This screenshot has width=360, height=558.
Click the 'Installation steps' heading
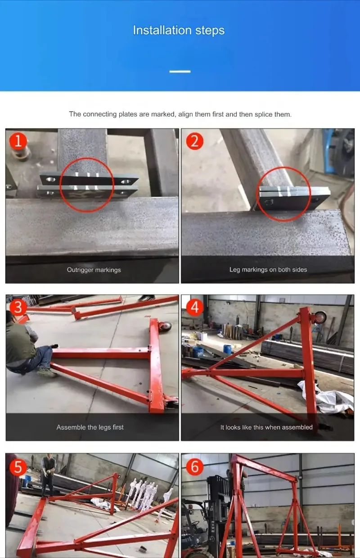point(179,31)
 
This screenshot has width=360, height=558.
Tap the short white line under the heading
point(180,72)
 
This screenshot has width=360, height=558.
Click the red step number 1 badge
point(18,141)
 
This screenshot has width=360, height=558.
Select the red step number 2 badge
point(195,141)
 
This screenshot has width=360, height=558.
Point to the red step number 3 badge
point(18,307)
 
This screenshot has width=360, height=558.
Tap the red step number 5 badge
point(18,467)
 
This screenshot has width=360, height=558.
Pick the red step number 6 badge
point(195,467)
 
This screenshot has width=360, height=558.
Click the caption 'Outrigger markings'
point(94,270)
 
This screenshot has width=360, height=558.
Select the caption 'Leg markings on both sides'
point(268,270)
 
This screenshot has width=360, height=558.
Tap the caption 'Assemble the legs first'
point(90,427)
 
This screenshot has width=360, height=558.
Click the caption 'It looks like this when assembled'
point(266,427)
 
